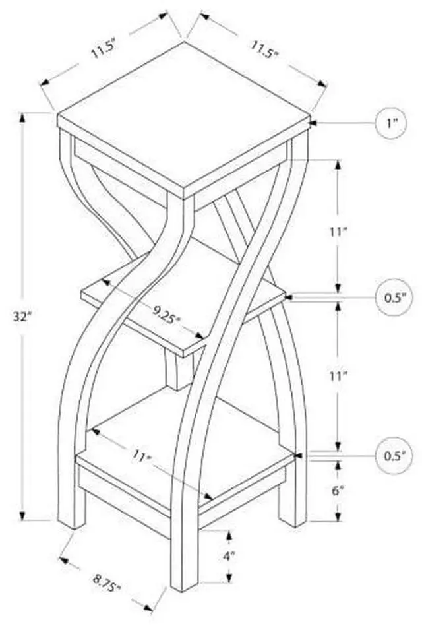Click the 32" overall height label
click(25, 316)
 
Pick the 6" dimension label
click(338, 491)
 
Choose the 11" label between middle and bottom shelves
click(338, 377)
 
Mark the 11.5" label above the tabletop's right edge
click(263, 49)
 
